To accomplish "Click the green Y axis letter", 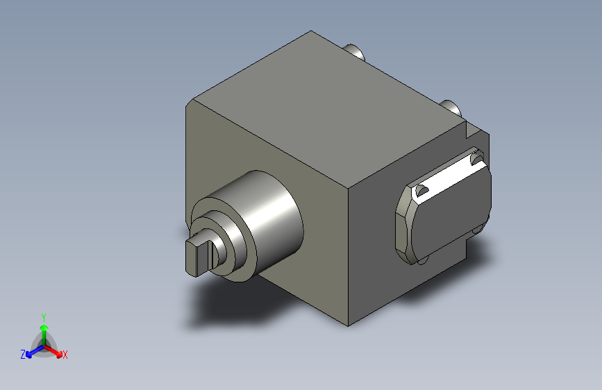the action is tap(44, 317).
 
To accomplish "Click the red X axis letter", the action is tap(65, 355).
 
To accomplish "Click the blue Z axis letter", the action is tap(23, 355).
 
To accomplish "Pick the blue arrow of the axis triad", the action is tap(35, 351).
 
